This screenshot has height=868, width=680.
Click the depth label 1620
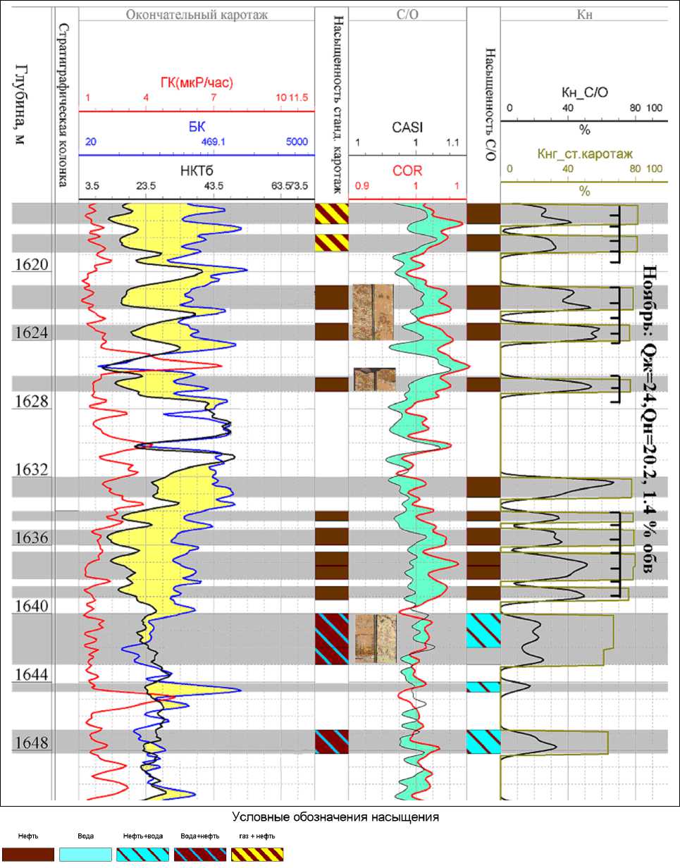coord(28,265)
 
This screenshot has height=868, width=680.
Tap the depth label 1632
coord(28,470)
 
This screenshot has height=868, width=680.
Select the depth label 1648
coord(28,743)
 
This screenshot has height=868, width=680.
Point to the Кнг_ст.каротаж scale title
coord(583,151)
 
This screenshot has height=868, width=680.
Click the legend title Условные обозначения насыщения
coord(336,817)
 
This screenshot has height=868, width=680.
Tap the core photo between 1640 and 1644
coord(373,638)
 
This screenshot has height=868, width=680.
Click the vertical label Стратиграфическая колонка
coord(63,106)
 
